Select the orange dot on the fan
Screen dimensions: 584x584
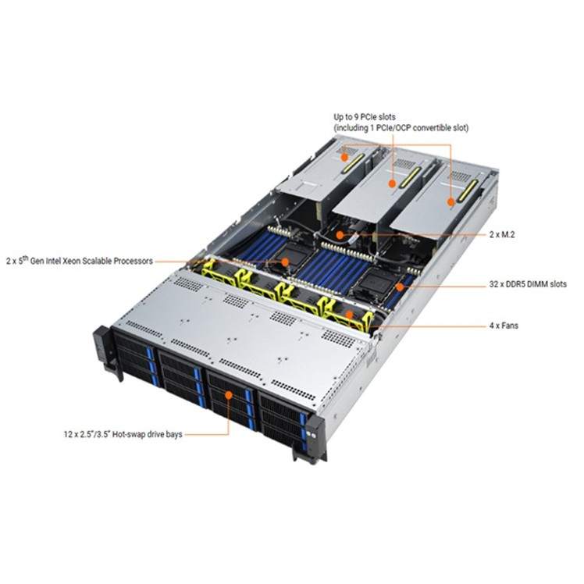351,316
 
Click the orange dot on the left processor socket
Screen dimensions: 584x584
285,262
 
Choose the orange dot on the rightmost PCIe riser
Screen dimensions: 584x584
451,201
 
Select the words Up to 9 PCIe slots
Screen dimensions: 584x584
364,116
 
